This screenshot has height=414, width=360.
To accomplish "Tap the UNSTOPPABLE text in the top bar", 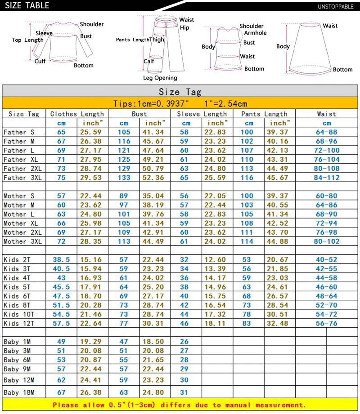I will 336,6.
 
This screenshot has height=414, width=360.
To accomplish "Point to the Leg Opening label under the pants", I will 160,78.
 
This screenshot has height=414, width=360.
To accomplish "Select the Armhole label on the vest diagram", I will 255,33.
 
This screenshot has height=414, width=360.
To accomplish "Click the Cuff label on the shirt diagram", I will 40,61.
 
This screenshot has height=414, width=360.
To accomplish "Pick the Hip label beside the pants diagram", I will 184,27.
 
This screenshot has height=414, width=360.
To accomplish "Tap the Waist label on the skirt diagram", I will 330,26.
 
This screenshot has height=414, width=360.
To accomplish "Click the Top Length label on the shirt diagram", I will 27,40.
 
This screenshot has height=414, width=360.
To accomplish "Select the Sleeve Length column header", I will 202,114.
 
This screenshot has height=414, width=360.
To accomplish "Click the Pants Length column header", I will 264,114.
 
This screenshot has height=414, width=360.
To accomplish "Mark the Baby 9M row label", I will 18,369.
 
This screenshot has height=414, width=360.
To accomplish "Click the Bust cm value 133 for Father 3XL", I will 124,178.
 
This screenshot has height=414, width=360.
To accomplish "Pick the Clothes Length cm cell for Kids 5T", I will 61,287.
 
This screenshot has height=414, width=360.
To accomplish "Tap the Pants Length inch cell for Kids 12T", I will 278,324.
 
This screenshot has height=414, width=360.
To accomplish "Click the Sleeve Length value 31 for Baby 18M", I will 184,392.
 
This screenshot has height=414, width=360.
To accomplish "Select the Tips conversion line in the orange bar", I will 180,103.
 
